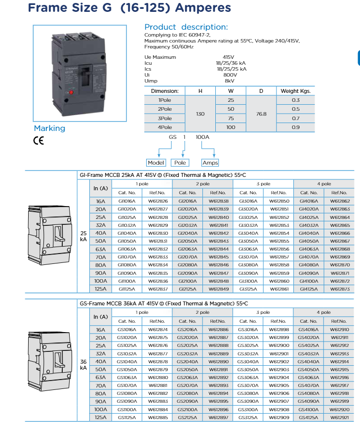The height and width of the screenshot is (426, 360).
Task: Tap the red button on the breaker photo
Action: click(70, 92)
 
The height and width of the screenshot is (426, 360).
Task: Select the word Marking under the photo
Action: click(49, 128)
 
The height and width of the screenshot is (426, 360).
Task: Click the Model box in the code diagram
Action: click(157, 163)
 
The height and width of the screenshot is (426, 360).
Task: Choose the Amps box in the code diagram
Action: click(210, 163)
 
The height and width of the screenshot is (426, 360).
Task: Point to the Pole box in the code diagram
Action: click(180, 163)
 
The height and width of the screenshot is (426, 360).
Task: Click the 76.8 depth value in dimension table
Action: click(261, 114)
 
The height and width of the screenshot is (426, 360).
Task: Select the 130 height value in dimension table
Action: click(200, 114)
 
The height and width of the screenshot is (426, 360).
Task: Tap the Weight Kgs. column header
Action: click(296, 91)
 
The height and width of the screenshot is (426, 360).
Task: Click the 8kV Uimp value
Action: click(229, 80)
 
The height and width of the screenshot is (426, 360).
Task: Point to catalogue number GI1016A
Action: click(127, 201)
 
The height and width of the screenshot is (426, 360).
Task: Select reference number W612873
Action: click(339, 289)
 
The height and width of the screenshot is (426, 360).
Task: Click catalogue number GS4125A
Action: click(309, 417)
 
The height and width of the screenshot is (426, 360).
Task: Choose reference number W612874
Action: click(158, 329)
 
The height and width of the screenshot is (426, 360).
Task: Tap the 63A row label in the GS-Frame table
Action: click(100, 377)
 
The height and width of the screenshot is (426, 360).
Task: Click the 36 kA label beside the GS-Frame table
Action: click(83, 365)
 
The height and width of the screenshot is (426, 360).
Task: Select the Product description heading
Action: click(186, 27)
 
